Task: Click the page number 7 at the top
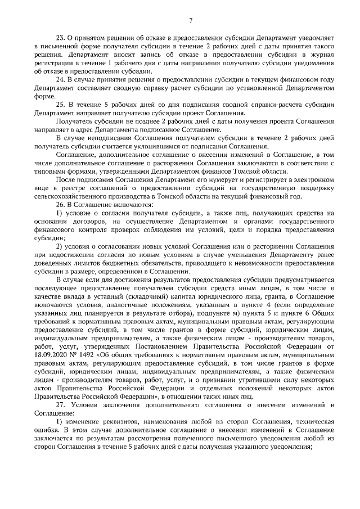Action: tap(191, 21)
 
